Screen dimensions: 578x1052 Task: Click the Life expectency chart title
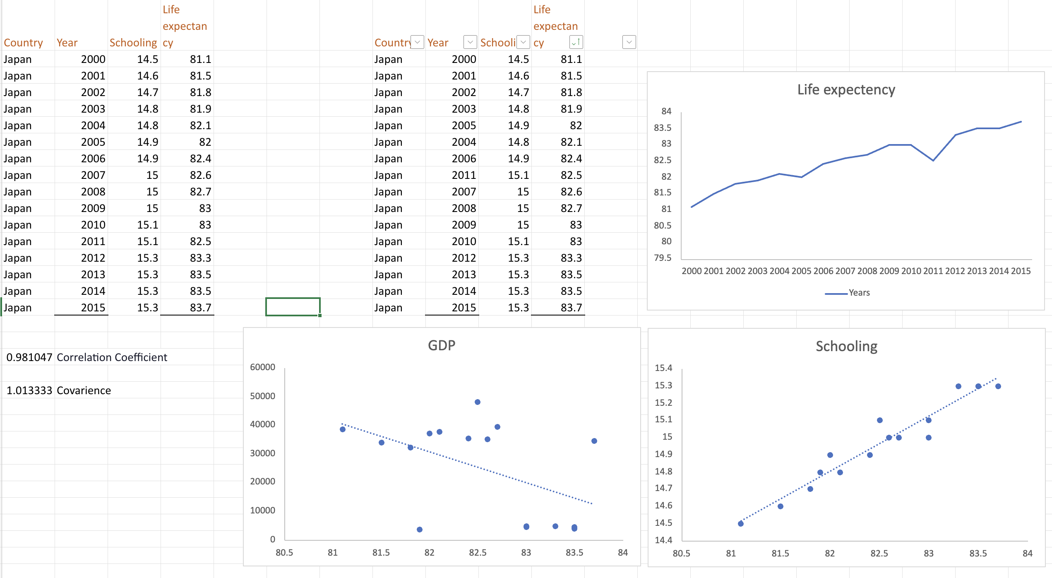[846, 89]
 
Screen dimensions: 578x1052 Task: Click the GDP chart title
[441, 345]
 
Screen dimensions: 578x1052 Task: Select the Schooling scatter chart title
[846, 346]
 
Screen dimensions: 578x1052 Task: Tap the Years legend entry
[859, 293]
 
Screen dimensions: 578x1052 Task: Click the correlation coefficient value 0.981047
[29, 357]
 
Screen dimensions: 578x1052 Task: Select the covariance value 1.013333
[29, 390]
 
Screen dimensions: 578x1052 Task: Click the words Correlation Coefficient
[112, 357]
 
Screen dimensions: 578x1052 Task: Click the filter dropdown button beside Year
[470, 42]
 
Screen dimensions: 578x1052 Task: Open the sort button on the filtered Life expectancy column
[576, 42]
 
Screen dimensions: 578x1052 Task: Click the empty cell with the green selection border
[293, 307]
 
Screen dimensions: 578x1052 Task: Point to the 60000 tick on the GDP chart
[262, 367]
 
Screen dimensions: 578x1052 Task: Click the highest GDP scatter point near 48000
[478, 402]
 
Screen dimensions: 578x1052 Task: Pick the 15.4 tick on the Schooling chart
[663, 368]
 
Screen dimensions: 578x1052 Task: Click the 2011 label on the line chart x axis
[933, 271]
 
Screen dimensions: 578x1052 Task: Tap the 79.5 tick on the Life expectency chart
[663, 258]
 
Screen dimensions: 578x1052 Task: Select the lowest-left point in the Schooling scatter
[741, 524]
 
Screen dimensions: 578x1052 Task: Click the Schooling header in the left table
[133, 43]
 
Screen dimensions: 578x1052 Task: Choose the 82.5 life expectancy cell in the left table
[200, 241]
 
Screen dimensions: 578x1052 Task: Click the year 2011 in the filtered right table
[464, 175]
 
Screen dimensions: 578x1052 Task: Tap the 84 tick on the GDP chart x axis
[622, 553]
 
